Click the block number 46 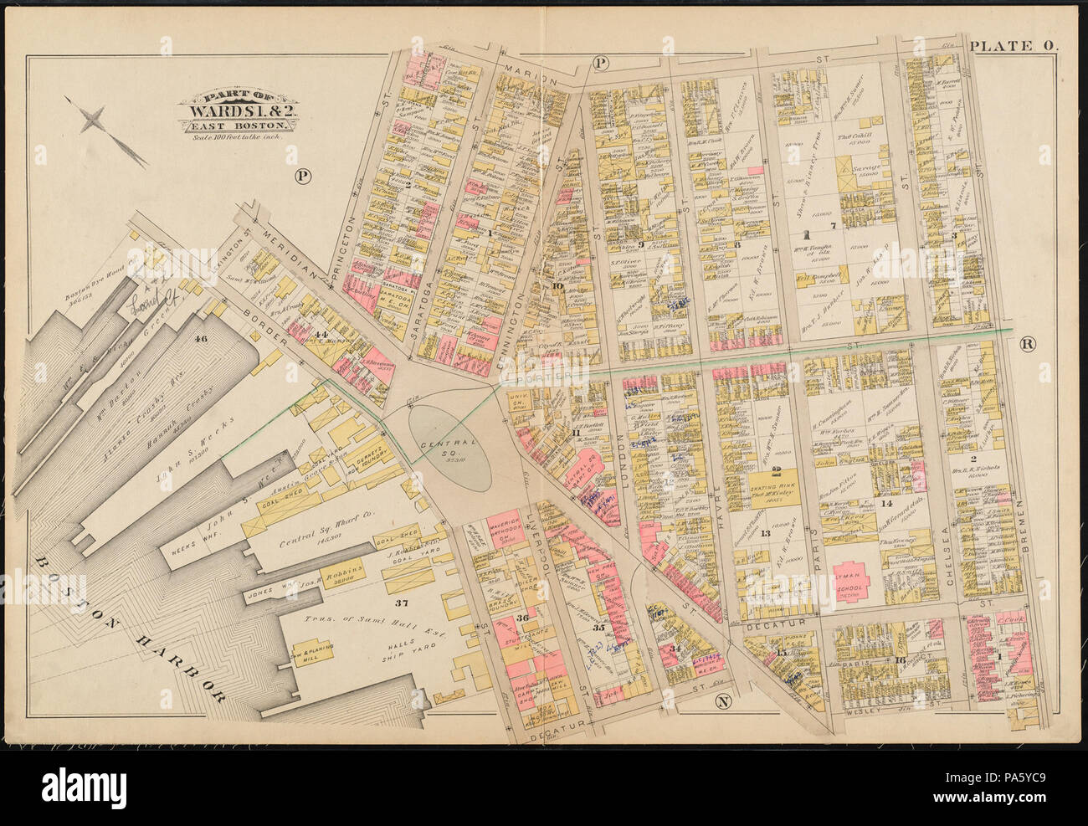click(x=199, y=339)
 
